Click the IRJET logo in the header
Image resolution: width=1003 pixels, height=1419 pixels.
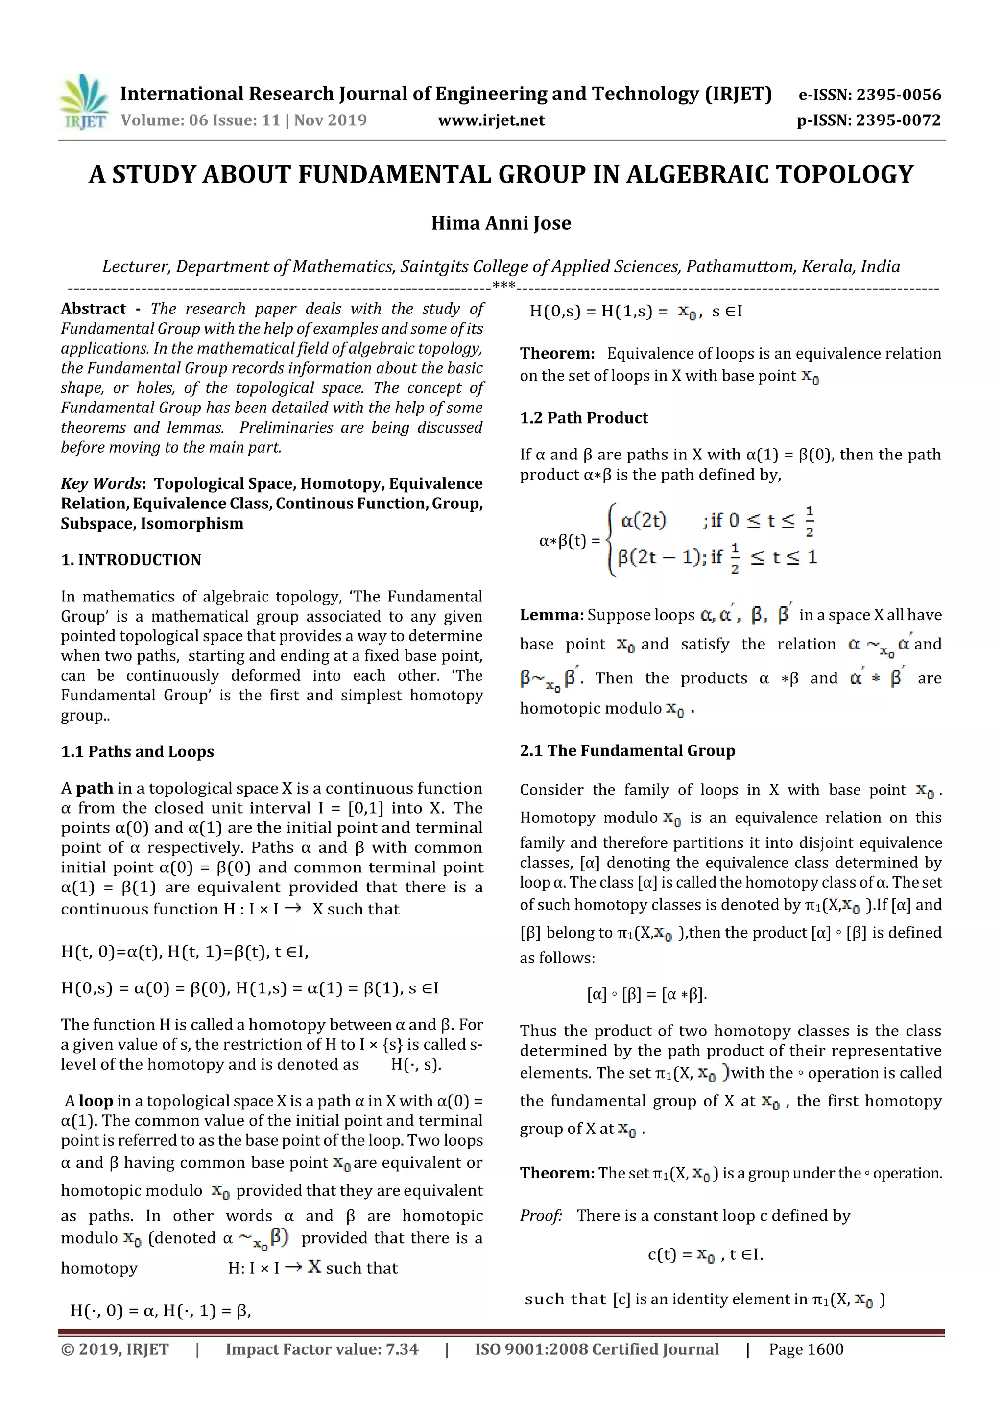[x=83, y=102]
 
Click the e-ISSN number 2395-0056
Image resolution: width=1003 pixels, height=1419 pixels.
[x=898, y=95]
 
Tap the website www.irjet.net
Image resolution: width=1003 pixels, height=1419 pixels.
[x=491, y=120]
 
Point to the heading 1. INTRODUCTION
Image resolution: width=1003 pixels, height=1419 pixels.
[x=131, y=560]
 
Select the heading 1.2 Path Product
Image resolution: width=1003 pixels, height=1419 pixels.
[x=583, y=418]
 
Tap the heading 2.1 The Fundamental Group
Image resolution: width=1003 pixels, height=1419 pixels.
[x=627, y=750]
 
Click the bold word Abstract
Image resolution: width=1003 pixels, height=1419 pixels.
[x=94, y=309]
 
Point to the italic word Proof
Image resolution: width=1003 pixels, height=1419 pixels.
[x=540, y=1216]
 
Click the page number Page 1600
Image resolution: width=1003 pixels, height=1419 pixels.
[x=806, y=1349]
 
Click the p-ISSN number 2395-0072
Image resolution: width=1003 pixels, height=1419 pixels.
[x=898, y=120]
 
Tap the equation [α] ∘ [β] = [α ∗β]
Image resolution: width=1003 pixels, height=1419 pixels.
[x=646, y=994]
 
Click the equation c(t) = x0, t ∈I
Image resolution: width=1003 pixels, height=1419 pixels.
[x=705, y=1254]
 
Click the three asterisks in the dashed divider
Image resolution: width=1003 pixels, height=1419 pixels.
[x=503, y=286]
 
